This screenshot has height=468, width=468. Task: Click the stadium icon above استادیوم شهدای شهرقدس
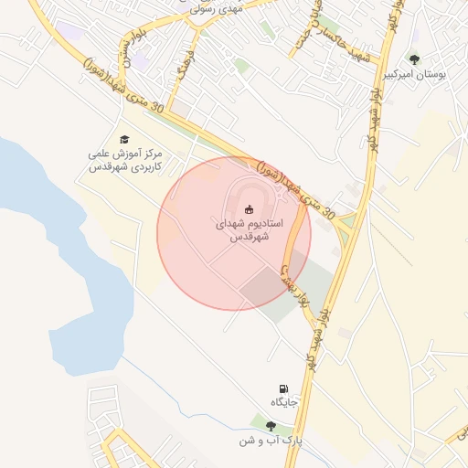click(250, 209)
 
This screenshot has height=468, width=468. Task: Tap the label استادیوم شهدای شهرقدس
click(249, 229)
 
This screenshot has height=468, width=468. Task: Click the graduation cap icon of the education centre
click(124, 139)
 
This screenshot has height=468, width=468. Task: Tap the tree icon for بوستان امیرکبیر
click(415, 59)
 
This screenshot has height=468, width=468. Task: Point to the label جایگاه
click(284, 403)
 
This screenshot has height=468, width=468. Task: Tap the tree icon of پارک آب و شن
click(271, 425)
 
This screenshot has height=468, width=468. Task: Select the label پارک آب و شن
click(271, 441)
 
